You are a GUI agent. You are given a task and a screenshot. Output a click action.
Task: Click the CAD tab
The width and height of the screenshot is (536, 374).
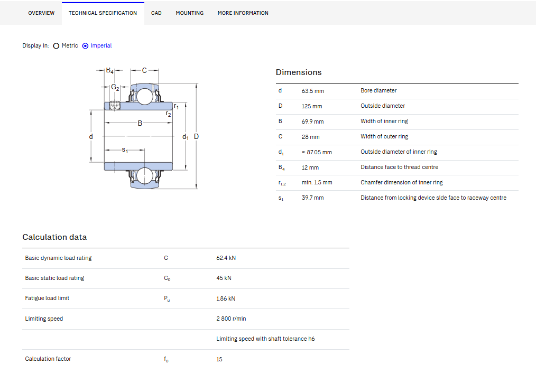pos(156,13)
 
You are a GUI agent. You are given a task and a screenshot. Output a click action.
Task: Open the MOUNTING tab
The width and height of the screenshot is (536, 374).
pos(189,13)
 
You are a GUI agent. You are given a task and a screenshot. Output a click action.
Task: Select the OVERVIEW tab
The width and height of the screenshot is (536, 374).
pos(41,13)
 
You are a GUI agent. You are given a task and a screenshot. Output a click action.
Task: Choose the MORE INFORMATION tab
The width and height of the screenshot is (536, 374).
pos(243,13)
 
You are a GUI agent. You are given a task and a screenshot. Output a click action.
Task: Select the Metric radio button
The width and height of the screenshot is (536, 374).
pos(57,46)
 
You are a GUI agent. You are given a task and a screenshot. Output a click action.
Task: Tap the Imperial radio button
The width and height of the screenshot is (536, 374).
pos(86,46)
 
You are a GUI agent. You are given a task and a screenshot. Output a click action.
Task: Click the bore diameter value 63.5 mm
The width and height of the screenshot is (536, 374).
pos(313,91)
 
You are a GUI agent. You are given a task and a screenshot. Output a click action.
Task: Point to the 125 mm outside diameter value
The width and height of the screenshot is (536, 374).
pos(312,106)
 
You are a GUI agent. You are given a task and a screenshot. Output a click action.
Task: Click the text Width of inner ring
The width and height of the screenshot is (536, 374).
pos(384,121)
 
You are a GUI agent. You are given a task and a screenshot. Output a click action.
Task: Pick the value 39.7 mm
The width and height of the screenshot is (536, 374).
pos(312,198)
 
